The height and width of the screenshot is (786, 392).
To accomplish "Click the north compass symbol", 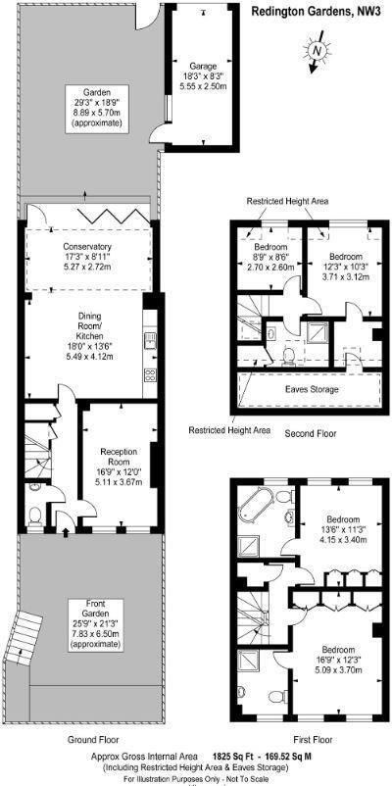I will [316, 50].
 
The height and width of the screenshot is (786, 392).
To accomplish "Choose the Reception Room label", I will [117, 462].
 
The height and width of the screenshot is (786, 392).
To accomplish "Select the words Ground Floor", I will [88, 740].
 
